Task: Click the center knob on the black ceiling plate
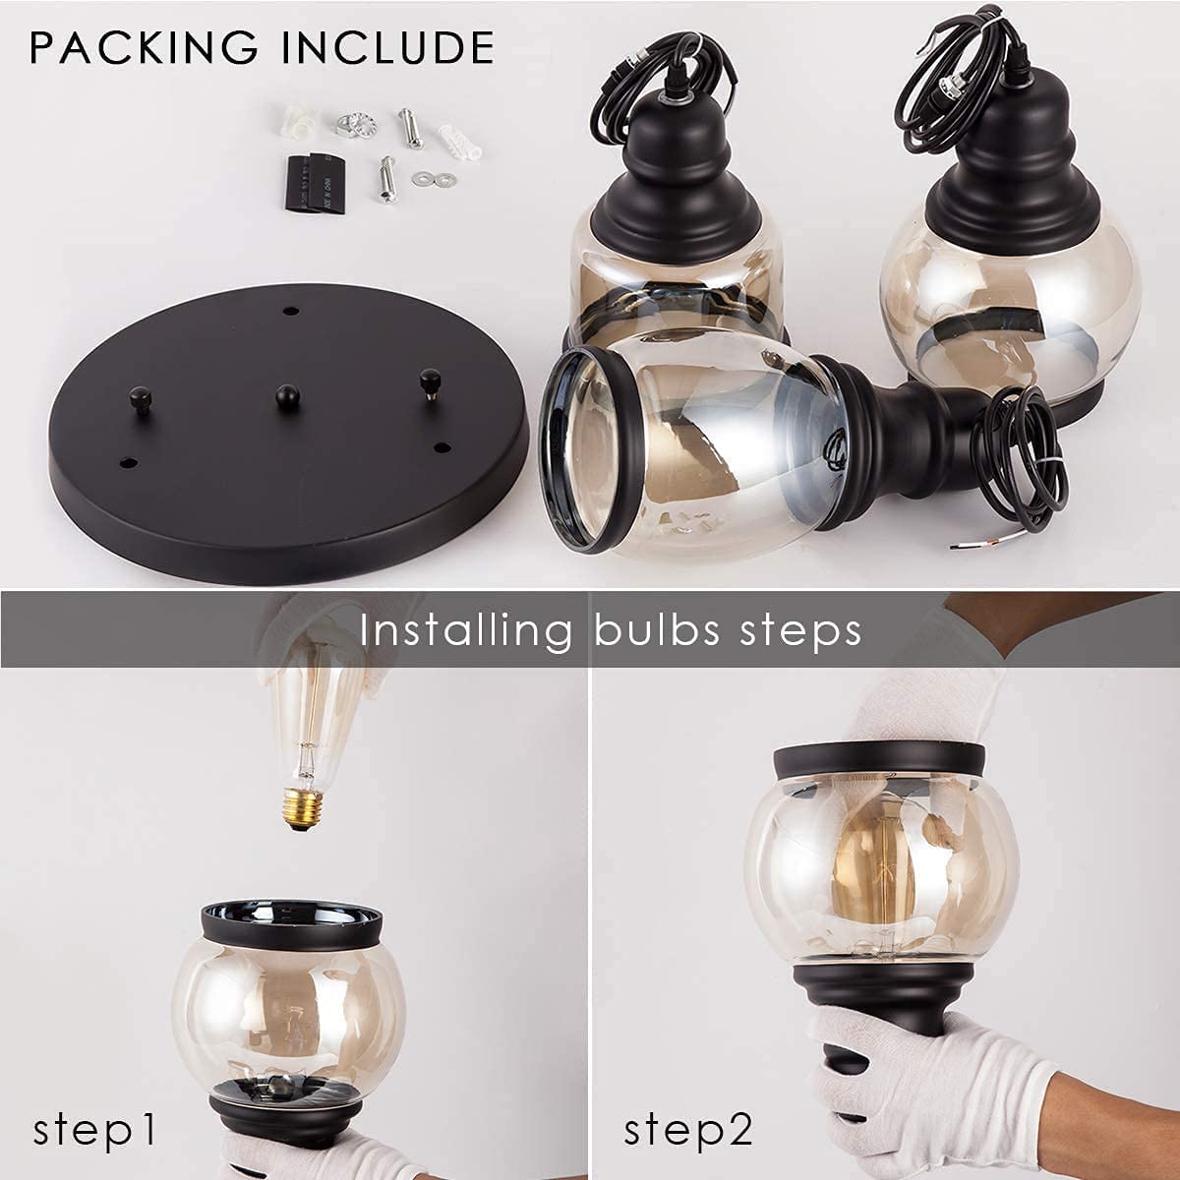point(287,396)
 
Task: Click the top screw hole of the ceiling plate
point(293,311)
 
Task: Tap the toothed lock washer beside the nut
point(365,125)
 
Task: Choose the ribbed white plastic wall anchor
point(460,143)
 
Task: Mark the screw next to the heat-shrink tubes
point(386,179)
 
